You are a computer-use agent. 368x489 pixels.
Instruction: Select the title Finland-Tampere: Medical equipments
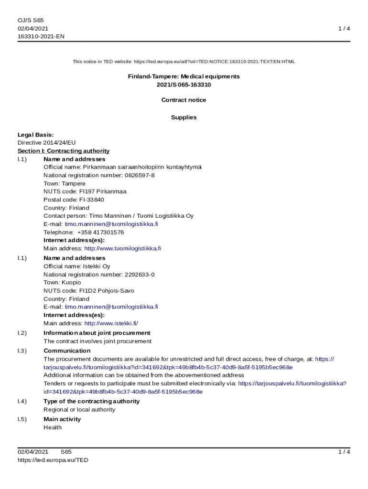(x=184, y=76)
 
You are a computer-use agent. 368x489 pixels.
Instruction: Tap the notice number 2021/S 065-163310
(x=184, y=85)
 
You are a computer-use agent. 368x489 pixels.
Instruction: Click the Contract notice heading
(x=184, y=100)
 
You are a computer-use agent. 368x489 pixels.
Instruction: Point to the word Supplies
(x=184, y=117)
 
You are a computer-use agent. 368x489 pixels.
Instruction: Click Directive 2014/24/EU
(x=46, y=142)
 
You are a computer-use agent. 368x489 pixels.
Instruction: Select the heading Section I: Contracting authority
(x=64, y=151)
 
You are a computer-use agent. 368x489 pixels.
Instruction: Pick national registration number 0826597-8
(x=140, y=175)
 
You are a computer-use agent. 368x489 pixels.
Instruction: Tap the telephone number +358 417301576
(x=100, y=232)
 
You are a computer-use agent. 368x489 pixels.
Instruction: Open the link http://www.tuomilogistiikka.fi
(x=123, y=248)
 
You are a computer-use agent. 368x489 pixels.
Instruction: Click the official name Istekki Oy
(x=97, y=266)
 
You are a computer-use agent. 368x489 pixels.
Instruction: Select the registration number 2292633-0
(x=140, y=275)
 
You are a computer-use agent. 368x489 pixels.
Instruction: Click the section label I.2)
(x=22, y=333)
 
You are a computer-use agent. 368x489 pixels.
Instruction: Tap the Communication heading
(x=66, y=351)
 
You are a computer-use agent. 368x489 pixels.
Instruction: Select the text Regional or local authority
(x=79, y=410)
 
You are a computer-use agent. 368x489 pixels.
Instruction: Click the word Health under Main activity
(x=53, y=427)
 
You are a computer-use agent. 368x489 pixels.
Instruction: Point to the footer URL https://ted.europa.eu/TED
(x=53, y=460)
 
